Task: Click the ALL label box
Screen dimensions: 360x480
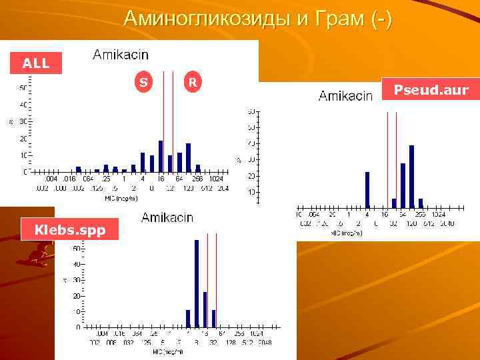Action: [x=36, y=63]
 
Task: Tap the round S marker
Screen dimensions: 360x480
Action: [x=143, y=83]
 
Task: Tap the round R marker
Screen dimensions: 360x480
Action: [x=192, y=83]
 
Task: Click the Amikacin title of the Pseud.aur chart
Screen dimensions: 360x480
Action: [x=345, y=96]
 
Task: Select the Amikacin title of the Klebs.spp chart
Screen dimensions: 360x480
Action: [x=167, y=217]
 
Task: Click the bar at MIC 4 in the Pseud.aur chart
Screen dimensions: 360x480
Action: [x=367, y=190]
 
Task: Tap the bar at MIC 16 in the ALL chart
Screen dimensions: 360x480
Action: [x=161, y=157]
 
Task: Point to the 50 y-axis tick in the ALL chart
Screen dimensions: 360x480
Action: [x=23, y=88]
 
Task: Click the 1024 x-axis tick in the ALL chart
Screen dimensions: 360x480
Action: [x=215, y=179]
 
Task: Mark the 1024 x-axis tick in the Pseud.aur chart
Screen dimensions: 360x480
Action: [x=438, y=215]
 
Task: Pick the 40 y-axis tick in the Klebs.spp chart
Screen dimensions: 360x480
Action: [x=77, y=264]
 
